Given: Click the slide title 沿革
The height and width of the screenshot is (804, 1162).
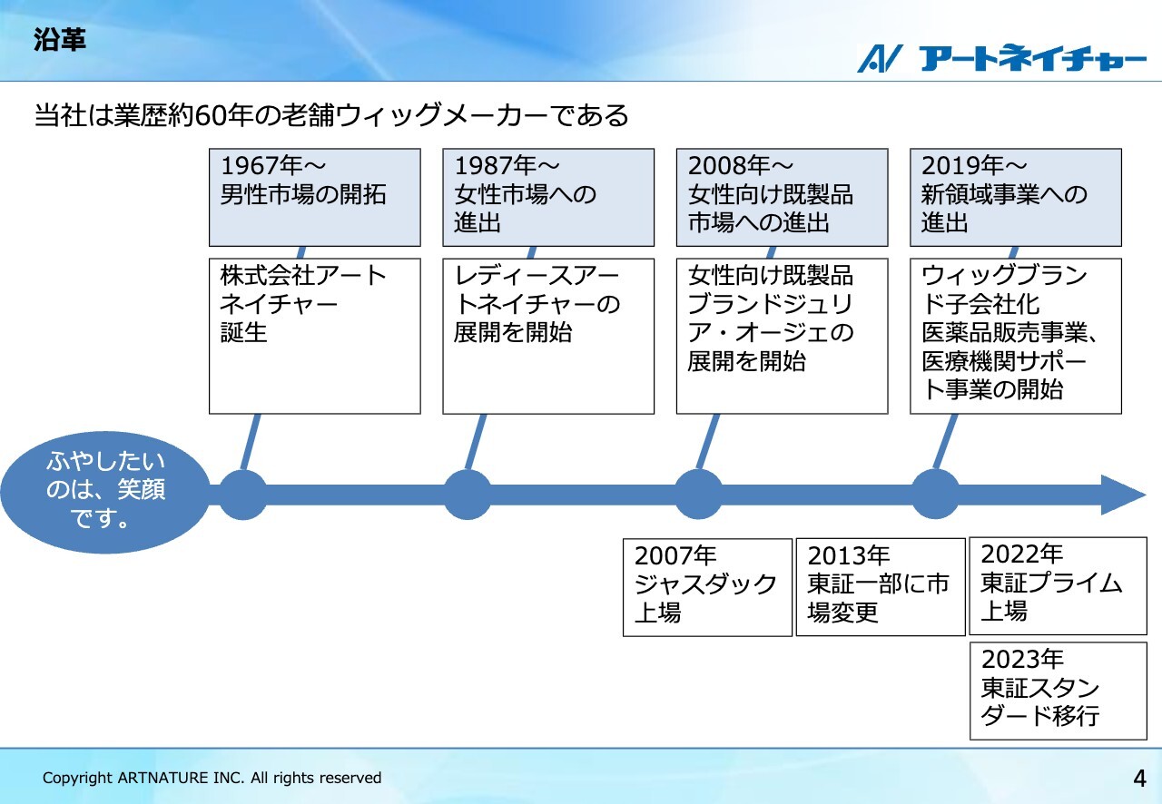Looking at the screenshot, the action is point(60,39).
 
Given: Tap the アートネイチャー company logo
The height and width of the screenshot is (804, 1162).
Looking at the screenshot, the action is point(1001,58).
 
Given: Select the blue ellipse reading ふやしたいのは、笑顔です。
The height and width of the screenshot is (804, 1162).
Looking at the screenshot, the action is point(105,492).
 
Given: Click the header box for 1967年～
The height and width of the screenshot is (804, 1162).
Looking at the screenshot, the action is point(315,198).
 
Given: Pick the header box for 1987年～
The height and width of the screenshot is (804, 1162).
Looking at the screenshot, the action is point(548,198).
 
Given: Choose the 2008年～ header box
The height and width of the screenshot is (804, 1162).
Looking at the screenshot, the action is point(783,198).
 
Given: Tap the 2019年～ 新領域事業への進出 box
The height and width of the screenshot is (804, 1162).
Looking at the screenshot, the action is point(1016,198).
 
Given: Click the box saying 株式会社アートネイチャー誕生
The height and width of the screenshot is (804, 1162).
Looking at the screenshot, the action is point(315,336).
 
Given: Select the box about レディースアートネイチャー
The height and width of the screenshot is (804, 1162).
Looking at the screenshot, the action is point(548,336).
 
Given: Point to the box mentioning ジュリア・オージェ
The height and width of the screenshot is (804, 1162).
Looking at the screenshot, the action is point(783,336).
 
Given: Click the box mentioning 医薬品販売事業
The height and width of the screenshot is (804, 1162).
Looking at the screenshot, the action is point(1016,336).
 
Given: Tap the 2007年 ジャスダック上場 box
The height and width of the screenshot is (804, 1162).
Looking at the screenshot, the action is point(707,588).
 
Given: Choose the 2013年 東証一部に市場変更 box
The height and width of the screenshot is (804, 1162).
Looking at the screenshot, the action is point(881,587).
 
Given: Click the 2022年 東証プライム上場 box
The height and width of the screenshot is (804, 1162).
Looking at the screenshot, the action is point(1059,586).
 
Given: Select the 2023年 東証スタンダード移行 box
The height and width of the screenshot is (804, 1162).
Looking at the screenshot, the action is point(1059,691).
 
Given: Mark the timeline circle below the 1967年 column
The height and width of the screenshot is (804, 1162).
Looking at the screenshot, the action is point(242,495).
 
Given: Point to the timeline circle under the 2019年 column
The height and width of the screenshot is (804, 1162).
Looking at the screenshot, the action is point(935,495).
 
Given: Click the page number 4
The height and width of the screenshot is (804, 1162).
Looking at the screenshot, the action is point(1139,778).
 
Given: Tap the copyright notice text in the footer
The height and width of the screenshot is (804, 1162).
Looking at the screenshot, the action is point(212,778).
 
